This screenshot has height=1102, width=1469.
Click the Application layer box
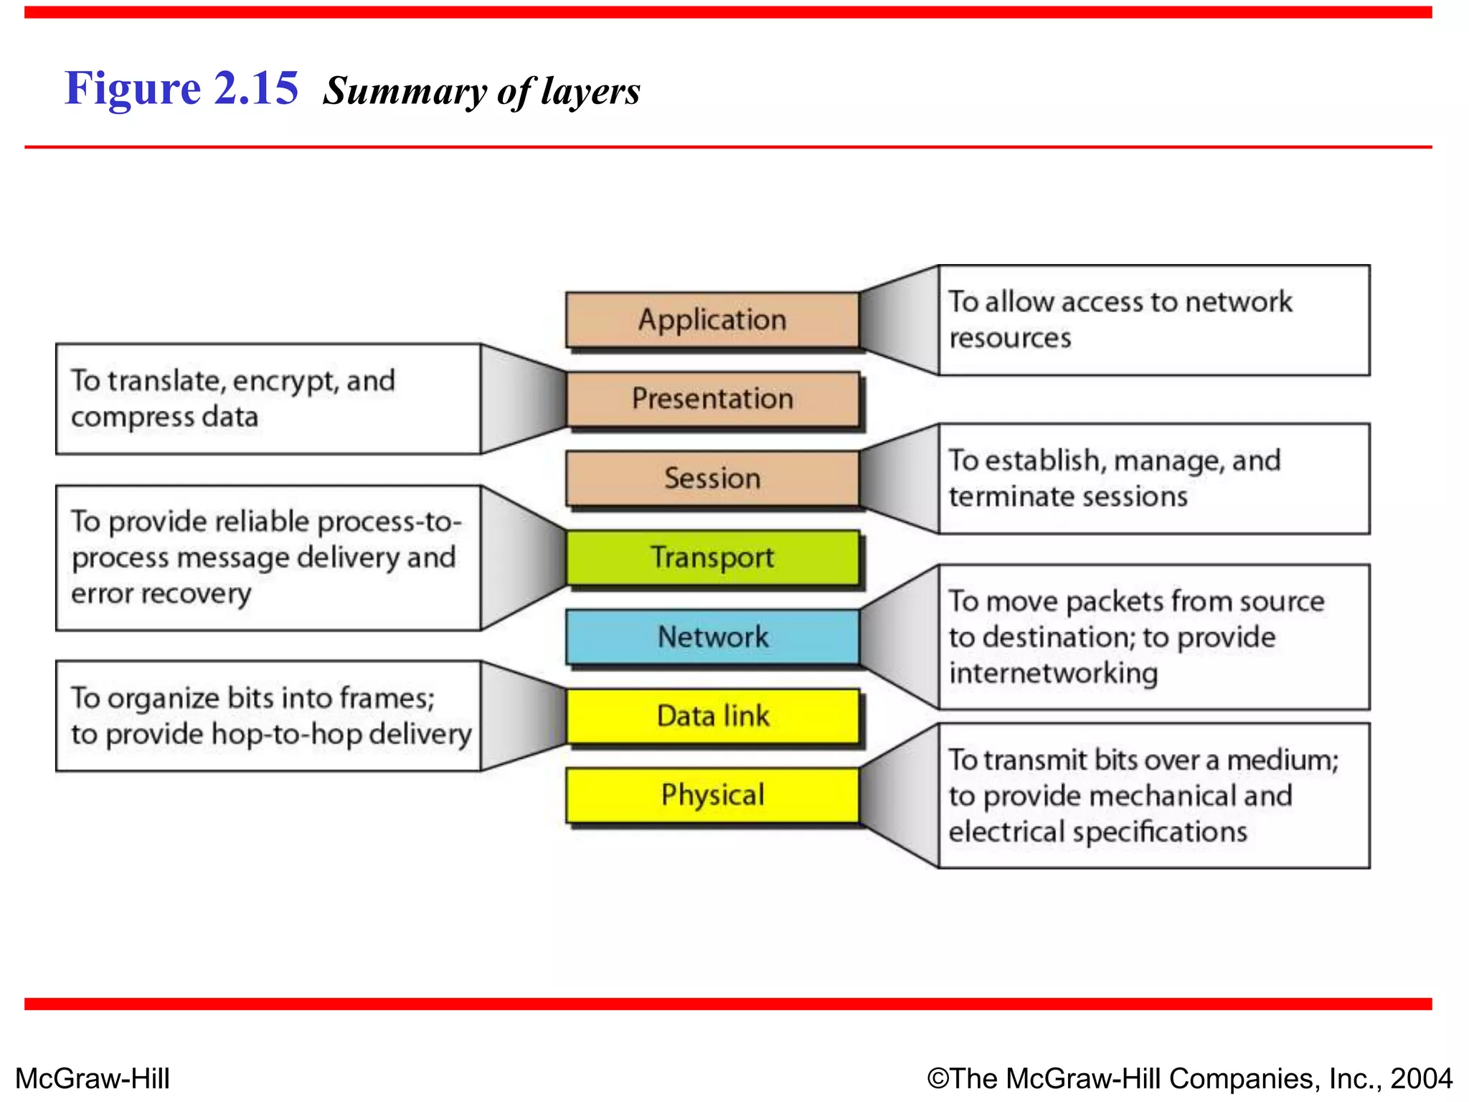712,320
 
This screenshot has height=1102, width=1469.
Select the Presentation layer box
712,399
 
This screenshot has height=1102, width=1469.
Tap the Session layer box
712,479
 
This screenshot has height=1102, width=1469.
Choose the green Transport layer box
712,557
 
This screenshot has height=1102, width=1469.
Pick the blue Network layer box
712,637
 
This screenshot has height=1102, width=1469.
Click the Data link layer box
712,716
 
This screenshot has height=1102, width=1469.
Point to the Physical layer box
712,795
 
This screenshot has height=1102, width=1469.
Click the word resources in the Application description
1010,338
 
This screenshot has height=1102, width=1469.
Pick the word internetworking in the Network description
1053,674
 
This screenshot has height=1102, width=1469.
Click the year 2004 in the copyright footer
1422,1078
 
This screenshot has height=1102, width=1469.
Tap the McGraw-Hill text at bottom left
93,1078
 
